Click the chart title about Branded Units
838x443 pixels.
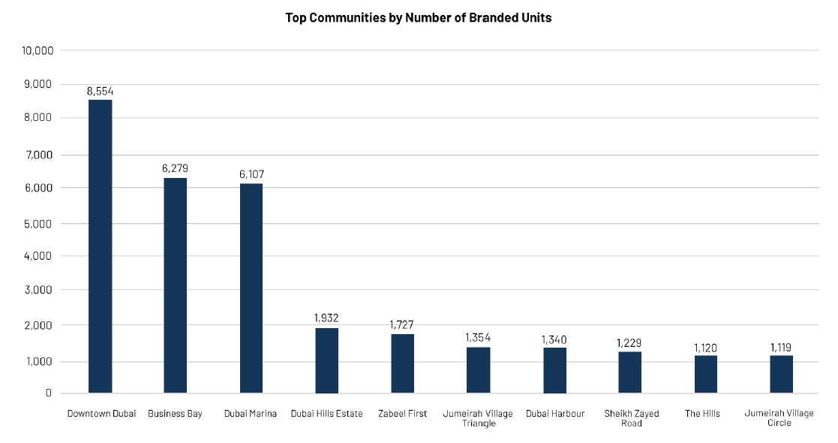click(x=419, y=17)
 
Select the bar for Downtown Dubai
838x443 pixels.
click(x=100, y=246)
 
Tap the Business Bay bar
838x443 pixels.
click(x=175, y=285)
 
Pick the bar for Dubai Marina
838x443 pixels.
click(x=251, y=288)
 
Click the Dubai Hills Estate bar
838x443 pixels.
click(x=326, y=360)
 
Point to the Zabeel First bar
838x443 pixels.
click(x=402, y=363)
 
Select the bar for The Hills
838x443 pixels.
click(x=706, y=374)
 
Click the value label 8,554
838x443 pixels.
click(x=100, y=91)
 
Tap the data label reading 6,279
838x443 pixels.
click(x=175, y=168)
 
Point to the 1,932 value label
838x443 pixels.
click(x=326, y=318)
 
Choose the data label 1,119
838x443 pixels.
click(x=781, y=347)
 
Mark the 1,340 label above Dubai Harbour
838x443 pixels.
click(x=554, y=339)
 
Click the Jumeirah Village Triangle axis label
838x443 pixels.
click(x=478, y=418)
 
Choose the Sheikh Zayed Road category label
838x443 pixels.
click(x=631, y=418)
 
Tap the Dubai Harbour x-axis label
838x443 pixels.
click(x=554, y=414)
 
